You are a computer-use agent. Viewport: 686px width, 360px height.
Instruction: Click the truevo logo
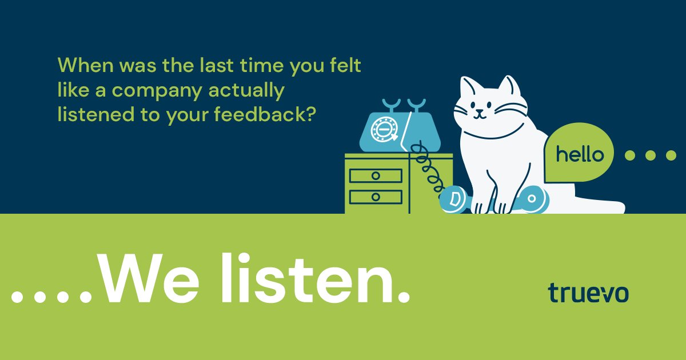(x=588, y=292)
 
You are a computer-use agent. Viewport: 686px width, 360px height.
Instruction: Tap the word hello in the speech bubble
(x=580, y=155)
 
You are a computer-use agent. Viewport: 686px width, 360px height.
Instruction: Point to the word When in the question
(x=85, y=65)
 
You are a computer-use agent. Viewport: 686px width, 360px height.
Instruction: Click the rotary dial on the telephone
(x=381, y=130)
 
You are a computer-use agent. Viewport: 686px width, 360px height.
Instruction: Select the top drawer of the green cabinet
(x=375, y=175)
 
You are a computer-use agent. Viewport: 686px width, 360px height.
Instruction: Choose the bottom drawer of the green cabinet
(x=375, y=197)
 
